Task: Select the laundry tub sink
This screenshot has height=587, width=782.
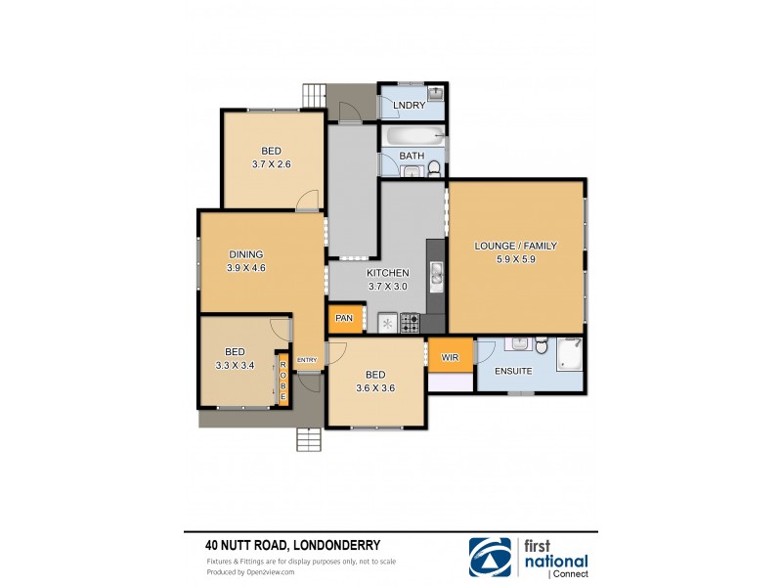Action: (x=436, y=95)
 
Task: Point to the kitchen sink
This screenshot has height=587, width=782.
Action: (x=437, y=275)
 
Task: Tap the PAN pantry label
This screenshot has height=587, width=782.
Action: (x=344, y=318)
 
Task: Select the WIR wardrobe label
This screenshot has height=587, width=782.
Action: (x=450, y=358)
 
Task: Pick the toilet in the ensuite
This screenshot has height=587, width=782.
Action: (x=539, y=345)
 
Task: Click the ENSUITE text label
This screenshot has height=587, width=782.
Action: (x=513, y=372)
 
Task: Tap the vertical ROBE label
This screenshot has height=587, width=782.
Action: (x=283, y=381)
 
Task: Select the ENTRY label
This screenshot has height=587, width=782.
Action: (x=307, y=360)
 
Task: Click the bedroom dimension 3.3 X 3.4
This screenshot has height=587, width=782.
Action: (x=234, y=365)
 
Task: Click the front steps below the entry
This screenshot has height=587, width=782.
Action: (x=309, y=440)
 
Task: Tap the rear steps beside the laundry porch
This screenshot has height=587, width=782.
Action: (x=313, y=96)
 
